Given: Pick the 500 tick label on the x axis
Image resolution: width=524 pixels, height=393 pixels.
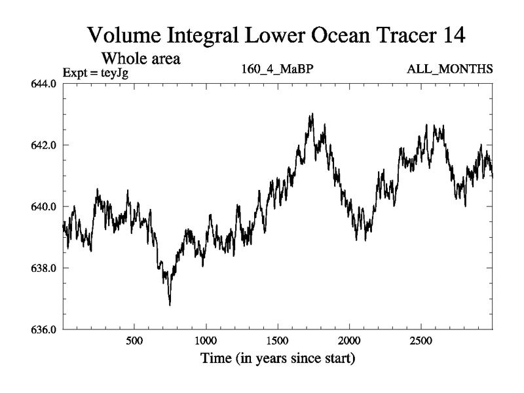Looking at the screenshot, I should click(134, 341).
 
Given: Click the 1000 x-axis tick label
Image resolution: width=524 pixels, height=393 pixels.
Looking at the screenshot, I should click(206, 341).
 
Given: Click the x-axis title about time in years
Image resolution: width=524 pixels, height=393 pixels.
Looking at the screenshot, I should click(278, 359).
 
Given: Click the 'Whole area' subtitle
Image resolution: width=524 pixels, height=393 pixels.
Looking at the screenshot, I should click(140, 58).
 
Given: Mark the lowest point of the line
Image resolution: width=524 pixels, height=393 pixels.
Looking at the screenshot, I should click(170, 305).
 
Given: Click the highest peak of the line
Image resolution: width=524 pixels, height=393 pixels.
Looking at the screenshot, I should click(312, 113).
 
